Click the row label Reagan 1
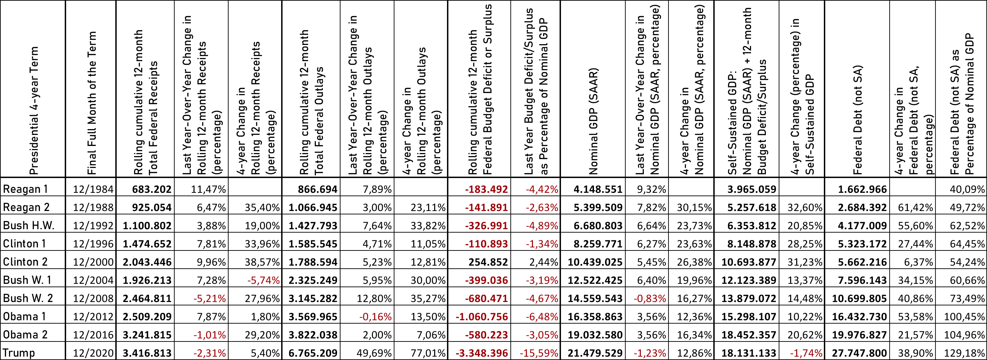click(25, 189)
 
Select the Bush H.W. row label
click(28, 226)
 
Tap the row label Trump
click(19, 353)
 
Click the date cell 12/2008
click(93, 298)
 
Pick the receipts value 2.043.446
click(147, 262)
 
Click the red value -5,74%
click(263, 280)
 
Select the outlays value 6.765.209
click(313, 353)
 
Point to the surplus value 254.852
click(488, 262)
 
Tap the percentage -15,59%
click(539, 353)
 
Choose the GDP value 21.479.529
click(595, 353)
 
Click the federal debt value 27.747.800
click(859, 353)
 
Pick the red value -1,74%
click(806, 353)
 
